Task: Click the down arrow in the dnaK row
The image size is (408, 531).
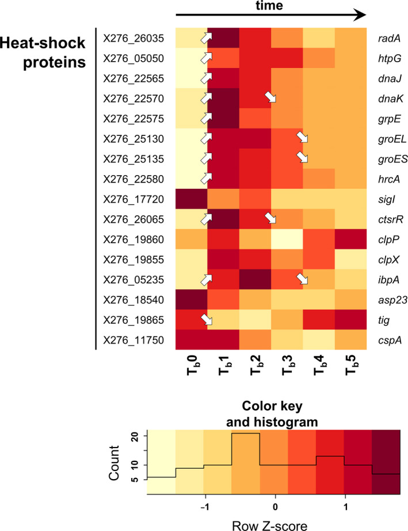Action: (270, 97)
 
